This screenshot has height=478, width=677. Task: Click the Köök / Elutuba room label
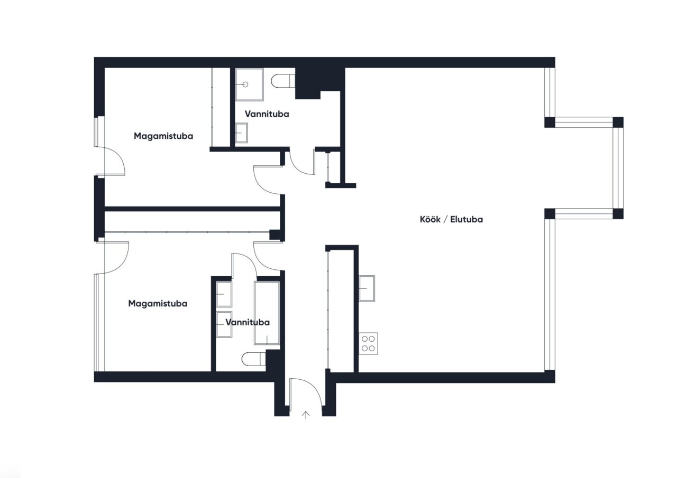451,219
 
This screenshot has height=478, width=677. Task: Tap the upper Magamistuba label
163,136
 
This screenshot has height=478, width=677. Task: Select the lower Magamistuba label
158,304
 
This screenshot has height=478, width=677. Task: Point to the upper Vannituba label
267,114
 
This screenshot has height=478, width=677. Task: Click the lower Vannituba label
248,323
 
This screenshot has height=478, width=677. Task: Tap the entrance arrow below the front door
306,415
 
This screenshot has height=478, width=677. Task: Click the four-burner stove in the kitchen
368,343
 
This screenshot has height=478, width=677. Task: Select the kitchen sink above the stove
367,288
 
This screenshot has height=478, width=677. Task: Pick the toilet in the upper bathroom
283,81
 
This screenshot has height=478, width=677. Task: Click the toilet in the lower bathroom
254,359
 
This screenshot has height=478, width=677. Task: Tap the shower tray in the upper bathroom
249,85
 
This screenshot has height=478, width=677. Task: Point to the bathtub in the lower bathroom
267,313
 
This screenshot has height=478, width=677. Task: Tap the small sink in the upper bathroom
241,133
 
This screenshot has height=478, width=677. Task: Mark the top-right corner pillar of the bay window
618,122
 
